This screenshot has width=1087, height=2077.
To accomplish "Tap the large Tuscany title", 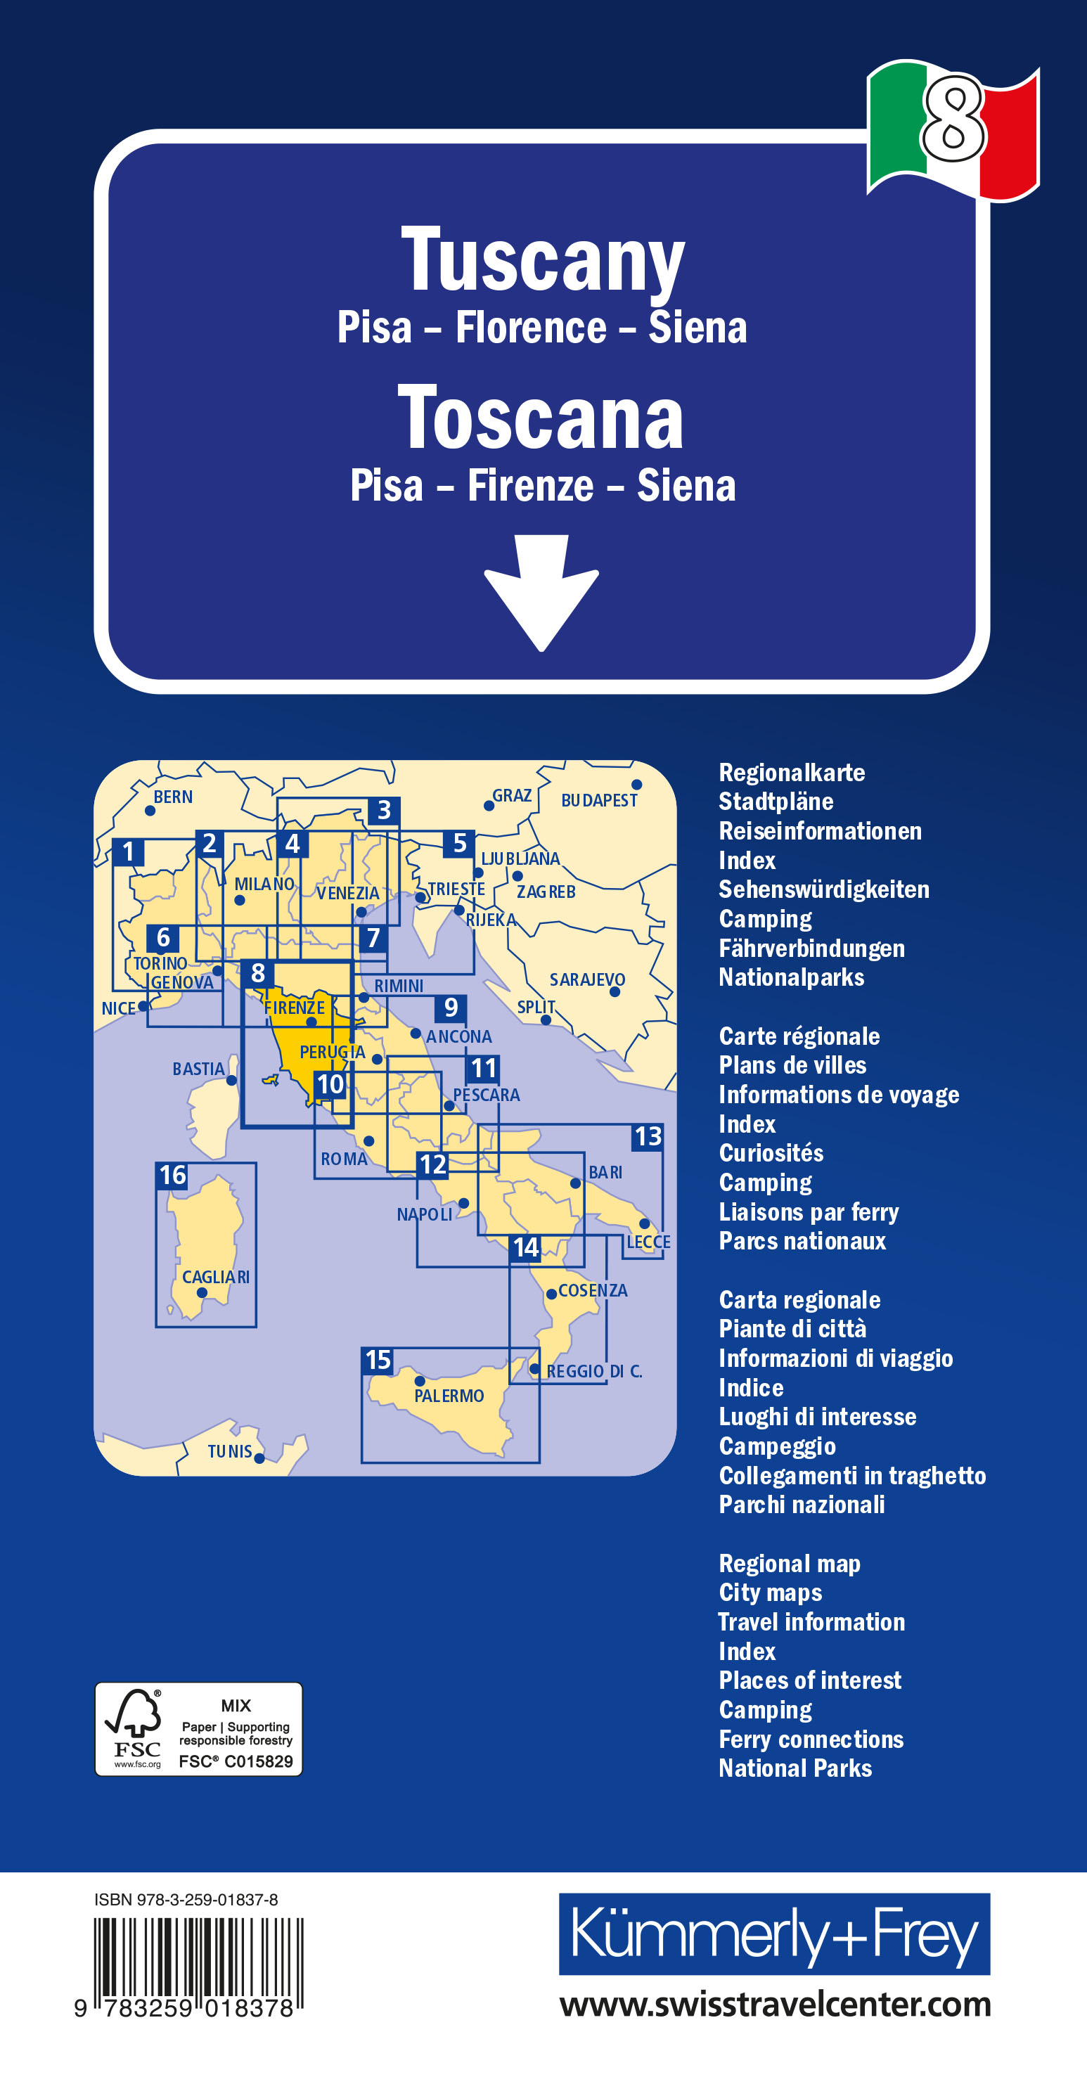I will pyautogui.click(x=543, y=259).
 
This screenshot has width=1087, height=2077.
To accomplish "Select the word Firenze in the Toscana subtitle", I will pyautogui.click(x=531, y=486).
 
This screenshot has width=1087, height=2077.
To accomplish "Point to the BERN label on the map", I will pyautogui.click(x=172, y=797).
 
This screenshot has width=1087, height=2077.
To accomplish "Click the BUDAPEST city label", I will pyautogui.click(x=599, y=800).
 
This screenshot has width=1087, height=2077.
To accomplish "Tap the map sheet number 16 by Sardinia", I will pyautogui.click(x=172, y=1176).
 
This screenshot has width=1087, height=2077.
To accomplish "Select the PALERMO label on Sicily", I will pyautogui.click(x=449, y=1396).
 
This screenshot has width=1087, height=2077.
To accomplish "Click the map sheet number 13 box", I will pyautogui.click(x=648, y=1137).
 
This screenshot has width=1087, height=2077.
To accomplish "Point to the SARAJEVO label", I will pyautogui.click(x=587, y=979).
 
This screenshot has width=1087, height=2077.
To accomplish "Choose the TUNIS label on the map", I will pyautogui.click(x=230, y=1451).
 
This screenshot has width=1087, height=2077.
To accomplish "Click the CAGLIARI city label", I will pyautogui.click(x=215, y=1277).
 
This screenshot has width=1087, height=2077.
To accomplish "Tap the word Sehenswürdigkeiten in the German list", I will pyautogui.click(x=823, y=889).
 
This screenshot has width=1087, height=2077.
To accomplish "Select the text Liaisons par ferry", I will pyautogui.click(x=808, y=1212).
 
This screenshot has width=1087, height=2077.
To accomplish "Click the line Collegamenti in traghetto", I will pyautogui.click(x=851, y=1476).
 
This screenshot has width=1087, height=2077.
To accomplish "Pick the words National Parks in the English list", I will pyautogui.click(x=795, y=1768).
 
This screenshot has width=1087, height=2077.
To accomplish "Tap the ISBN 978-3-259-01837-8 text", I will pyautogui.click(x=186, y=1900).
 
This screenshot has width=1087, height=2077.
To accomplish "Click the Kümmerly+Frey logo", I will pyautogui.click(x=774, y=1934).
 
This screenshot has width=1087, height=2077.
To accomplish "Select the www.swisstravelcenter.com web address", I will pyautogui.click(x=774, y=2005).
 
